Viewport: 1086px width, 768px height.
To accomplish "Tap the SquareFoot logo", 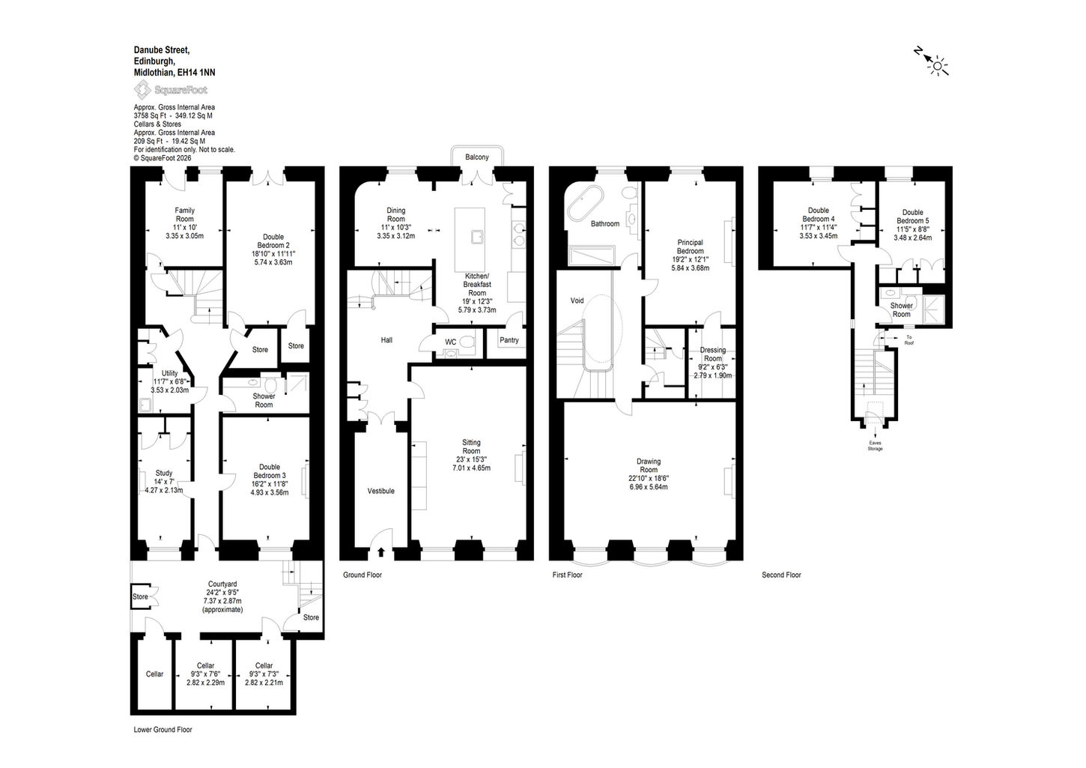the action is (x=171, y=90).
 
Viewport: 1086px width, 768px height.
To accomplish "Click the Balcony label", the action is (x=477, y=157).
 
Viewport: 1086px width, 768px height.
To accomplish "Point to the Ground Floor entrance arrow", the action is (x=381, y=551).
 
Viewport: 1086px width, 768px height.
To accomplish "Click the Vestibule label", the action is (x=380, y=491).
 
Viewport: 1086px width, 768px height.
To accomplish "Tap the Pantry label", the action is (x=509, y=340).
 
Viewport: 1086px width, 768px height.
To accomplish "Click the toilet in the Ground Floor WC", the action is (x=467, y=342).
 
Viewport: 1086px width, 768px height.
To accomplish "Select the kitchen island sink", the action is (x=478, y=237).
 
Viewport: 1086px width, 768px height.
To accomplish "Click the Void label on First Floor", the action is (x=577, y=300).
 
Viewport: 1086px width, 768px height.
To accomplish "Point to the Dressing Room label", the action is (x=713, y=354).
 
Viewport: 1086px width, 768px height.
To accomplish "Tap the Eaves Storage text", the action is (x=875, y=445).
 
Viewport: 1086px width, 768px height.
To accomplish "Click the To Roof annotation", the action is (x=909, y=340).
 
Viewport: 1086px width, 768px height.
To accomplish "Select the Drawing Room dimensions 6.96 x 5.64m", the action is (x=648, y=486).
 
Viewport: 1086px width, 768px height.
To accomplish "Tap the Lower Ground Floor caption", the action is (x=163, y=730).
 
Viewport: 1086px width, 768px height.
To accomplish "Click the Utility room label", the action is (x=170, y=373).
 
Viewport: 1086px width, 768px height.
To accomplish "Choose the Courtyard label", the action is (x=222, y=584).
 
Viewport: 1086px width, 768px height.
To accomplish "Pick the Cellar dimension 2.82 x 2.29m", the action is (x=205, y=683).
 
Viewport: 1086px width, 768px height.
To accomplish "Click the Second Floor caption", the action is (x=781, y=575).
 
